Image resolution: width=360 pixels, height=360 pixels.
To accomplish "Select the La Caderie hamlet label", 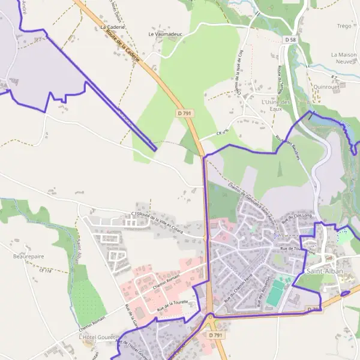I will click(112, 27).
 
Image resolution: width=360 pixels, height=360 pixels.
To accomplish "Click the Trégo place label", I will click(344, 26).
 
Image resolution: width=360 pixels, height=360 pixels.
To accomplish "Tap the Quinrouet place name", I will click(326, 86).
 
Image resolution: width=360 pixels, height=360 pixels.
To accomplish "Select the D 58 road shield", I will click(290, 40).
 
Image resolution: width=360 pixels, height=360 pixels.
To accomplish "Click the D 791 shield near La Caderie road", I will click(184, 112).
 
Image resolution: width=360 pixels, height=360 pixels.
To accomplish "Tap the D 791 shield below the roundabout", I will click(216, 335).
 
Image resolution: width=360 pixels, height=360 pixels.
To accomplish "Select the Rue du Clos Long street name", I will click(297, 219).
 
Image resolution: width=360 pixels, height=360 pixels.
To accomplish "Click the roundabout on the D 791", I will click(210, 316).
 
